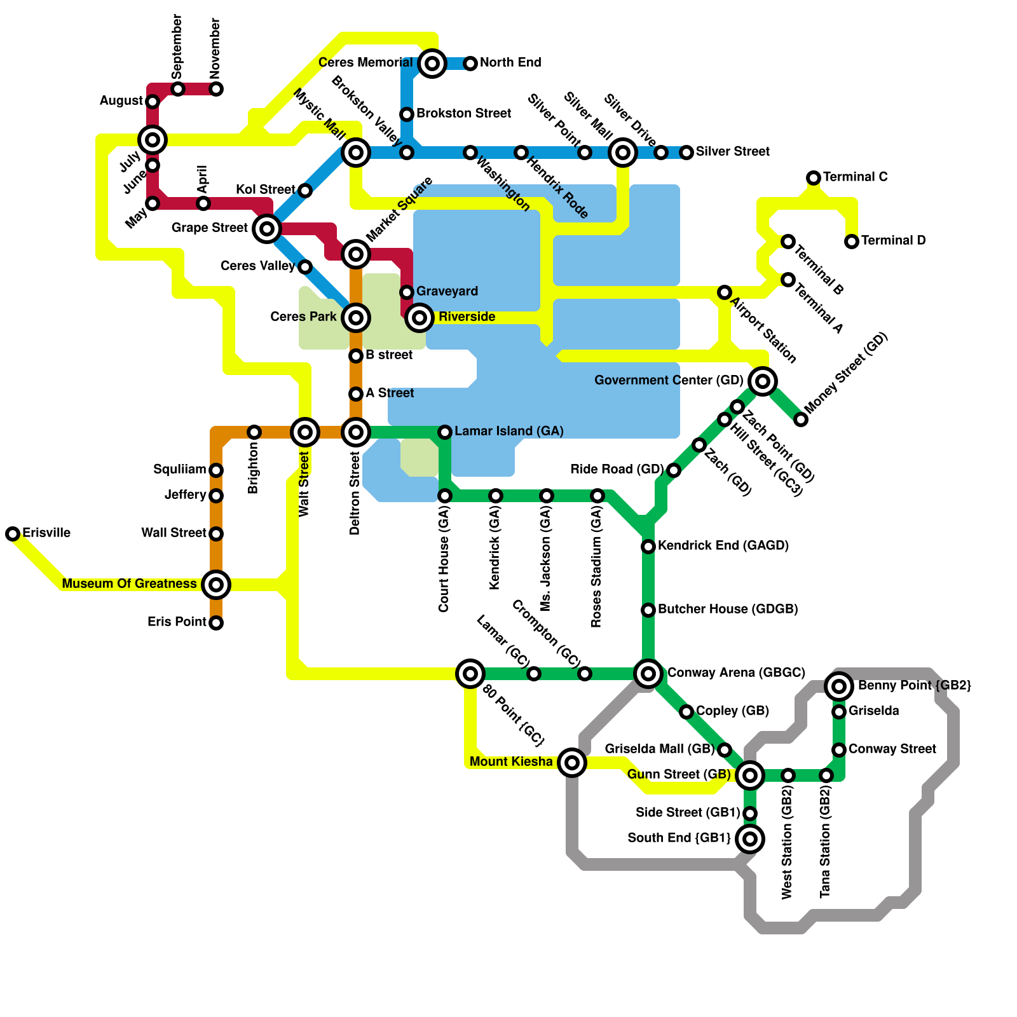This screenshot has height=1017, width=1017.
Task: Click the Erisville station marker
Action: pos(13,534)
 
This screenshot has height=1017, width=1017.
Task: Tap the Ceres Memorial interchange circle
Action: pos(432,63)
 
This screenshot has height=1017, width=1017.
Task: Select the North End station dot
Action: pos(470,63)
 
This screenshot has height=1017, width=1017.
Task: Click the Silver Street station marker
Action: pos(686,153)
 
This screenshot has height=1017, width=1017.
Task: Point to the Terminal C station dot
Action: pos(814,178)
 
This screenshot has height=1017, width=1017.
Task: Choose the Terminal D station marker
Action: pos(852,242)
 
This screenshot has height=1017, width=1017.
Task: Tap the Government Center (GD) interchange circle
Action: pos(763,381)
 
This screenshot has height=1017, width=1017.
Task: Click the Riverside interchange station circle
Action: pos(420,317)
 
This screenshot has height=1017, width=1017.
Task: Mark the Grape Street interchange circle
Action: pos(267,229)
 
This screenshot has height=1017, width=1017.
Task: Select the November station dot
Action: pos(216,89)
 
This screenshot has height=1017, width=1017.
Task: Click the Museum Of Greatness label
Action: pos(129,584)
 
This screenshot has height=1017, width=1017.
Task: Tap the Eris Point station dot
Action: pos(216,623)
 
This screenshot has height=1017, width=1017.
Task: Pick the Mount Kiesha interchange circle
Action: pos(572,763)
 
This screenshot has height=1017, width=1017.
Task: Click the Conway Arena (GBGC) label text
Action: pos(736,672)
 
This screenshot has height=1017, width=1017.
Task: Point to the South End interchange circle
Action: pos(750,839)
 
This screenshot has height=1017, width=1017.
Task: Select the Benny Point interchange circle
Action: pos(839,686)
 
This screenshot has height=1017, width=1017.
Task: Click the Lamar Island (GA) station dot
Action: pos(445,432)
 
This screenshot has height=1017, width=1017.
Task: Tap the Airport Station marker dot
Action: pos(725,292)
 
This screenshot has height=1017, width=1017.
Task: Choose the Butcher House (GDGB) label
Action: pos(728,609)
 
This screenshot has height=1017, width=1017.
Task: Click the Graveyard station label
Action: pos(447,291)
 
